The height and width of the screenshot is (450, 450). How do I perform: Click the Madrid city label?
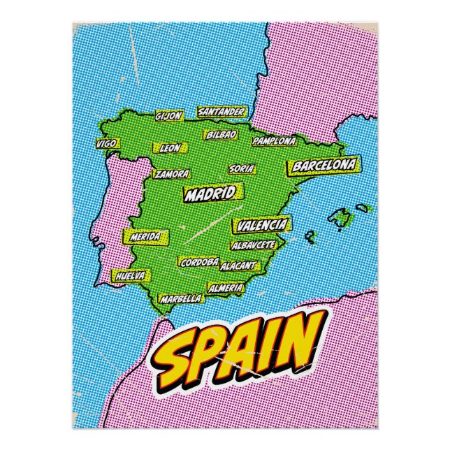209,194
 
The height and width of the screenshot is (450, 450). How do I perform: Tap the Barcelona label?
324,166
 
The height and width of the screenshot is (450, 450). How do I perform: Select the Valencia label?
262,225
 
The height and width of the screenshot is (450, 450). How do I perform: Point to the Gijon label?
168,116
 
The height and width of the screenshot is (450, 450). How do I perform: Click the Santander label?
221,111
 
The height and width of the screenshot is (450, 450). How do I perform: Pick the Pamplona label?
274,141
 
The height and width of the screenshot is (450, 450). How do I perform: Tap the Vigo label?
107,143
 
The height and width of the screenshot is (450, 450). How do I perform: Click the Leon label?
170,148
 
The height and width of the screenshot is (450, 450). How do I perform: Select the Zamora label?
172,174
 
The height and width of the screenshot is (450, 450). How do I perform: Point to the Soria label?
242,168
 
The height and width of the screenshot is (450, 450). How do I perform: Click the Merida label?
145,236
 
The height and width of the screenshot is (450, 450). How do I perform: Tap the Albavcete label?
253,245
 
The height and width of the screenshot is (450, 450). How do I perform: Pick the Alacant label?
238,266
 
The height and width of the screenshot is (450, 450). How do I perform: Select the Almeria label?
226,288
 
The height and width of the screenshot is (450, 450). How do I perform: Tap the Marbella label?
181,298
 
